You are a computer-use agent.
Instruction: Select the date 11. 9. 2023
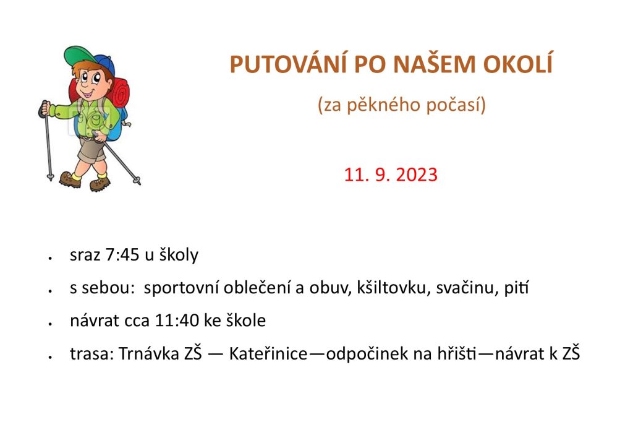pos(391,174)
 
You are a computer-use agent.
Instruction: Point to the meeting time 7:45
pos(122,255)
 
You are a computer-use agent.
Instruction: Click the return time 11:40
pos(177,321)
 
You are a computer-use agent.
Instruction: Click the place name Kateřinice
pos(268,353)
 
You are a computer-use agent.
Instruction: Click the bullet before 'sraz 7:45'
pos(50,257)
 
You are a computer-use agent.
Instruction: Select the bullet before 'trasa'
pos(50,356)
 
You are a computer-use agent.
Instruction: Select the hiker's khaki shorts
pos(92,150)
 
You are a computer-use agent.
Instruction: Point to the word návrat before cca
pos(95,321)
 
